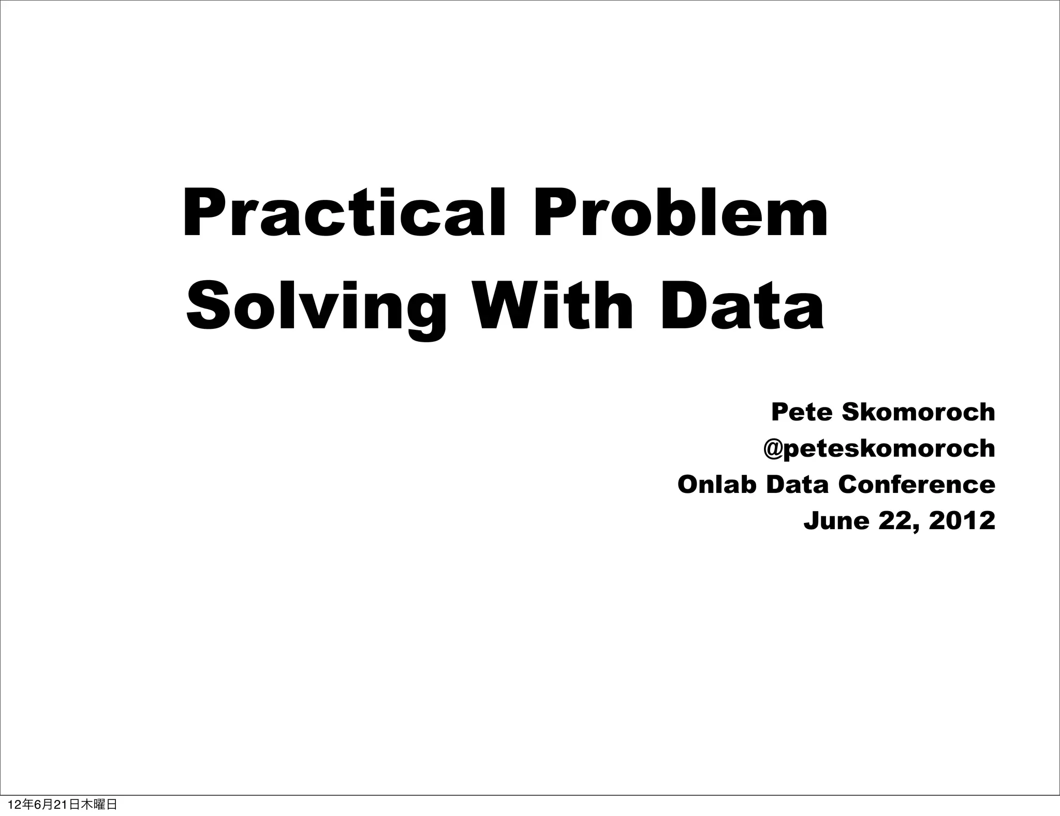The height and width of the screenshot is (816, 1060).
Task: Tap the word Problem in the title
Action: [681, 214]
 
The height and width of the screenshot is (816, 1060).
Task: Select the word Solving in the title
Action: [316, 307]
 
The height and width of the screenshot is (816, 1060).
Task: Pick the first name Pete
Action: [802, 412]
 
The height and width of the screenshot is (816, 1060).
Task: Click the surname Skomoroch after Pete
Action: [918, 412]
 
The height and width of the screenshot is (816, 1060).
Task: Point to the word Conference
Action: [916, 485]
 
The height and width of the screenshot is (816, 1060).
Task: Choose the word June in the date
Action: [836, 521]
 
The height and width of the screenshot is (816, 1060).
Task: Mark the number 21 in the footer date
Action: [61, 805]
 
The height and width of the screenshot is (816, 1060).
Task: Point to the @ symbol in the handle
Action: [772, 449]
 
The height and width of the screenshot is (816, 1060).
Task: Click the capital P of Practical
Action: [200, 214]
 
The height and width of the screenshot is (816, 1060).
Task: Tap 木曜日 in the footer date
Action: [99, 805]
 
